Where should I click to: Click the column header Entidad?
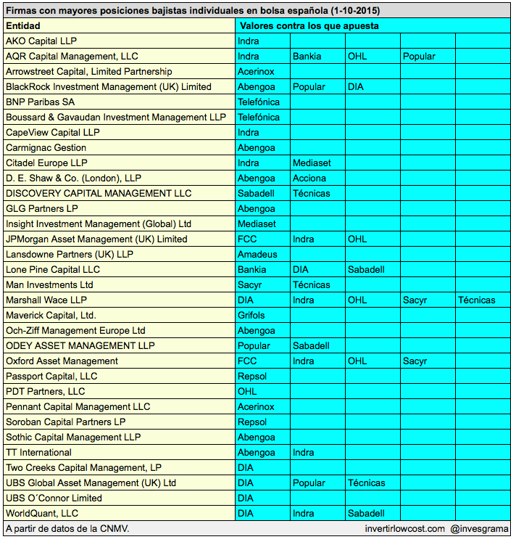click(23, 26)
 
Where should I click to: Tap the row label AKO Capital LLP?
click(41, 41)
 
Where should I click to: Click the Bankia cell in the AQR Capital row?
click(307, 57)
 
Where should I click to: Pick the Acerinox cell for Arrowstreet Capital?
click(256, 72)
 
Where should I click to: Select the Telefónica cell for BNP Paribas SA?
click(258, 102)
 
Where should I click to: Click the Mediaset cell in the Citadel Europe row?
click(312, 163)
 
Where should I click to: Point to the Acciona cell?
click(309, 178)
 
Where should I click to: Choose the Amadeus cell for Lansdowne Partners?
click(257, 255)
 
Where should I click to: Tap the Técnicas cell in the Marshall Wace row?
click(476, 300)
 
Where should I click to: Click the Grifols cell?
click(251, 316)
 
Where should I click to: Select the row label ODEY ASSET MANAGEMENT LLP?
click(80, 346)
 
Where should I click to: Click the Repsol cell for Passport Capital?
click(252, 377)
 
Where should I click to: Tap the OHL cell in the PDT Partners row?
click(247, 392)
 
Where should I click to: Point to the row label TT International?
click(38, 453)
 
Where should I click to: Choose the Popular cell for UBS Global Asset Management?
click(309, 483)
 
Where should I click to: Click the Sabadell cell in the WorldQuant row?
click(366, 514)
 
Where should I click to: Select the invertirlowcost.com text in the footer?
click(405, 529)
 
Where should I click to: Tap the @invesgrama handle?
click(480, 529)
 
